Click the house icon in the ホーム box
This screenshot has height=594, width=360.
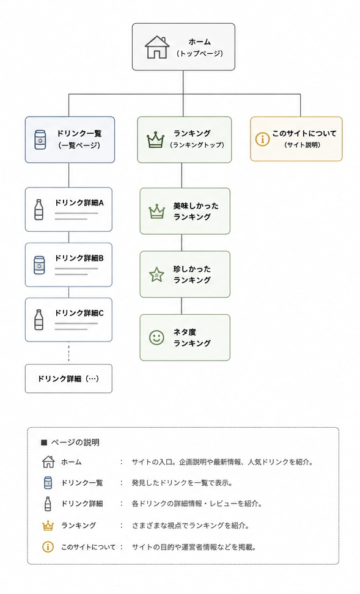coord(157,47)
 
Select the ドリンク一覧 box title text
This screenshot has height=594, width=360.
coord(79,133)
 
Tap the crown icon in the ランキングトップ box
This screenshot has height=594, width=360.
coord(156,140)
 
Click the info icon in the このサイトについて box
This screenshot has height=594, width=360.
coord(262,139)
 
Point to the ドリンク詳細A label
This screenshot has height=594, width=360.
coord(79,203)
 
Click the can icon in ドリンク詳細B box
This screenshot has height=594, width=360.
coord(39,265)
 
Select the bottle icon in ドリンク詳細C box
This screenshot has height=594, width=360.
coord(39,320)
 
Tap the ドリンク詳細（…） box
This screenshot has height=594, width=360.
coord(68,378)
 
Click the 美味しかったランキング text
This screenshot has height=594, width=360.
coord(196,211)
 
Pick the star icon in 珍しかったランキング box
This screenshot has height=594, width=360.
coord(156,274)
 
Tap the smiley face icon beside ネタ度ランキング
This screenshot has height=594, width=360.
coord(156,337)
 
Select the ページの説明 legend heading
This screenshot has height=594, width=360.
coord(70,442)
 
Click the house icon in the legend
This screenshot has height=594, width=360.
coord(48,462)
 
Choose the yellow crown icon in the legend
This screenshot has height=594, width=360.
coord(48,526)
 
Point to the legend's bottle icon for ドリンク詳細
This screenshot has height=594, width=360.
coord(48,504)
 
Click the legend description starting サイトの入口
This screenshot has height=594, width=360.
coord(222,462)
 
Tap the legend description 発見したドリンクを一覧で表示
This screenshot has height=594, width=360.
coord(182,483)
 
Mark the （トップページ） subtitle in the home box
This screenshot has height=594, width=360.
coord(199,53)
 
